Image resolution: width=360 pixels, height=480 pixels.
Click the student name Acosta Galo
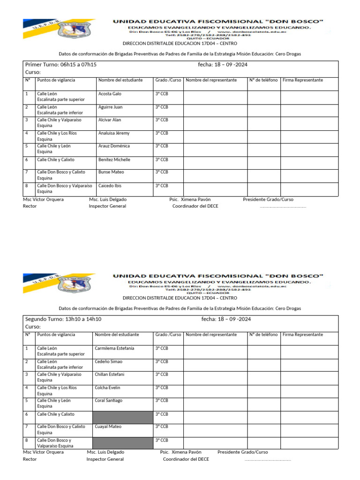110,94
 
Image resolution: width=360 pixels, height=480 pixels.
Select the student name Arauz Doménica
114,146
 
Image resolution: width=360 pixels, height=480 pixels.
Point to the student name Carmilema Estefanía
114,348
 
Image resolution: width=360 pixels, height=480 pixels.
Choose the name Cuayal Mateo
108,427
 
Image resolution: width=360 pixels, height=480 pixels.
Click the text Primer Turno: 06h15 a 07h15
60,65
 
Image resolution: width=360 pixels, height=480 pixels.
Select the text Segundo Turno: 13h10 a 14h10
63,319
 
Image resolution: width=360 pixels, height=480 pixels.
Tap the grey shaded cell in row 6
123,417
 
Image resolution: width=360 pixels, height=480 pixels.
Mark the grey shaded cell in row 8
123,443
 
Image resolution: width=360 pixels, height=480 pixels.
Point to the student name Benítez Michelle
114,160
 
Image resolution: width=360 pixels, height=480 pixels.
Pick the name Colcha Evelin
107,388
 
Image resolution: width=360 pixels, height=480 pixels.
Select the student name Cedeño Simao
109,362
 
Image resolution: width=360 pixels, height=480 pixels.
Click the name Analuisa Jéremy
114,133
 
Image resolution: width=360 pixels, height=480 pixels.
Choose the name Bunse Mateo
111,172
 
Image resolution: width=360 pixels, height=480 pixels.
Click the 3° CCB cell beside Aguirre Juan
161,107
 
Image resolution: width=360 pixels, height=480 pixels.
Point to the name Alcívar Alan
110,120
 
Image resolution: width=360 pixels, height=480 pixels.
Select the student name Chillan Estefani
110,375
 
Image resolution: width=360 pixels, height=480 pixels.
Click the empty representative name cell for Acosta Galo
215,97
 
